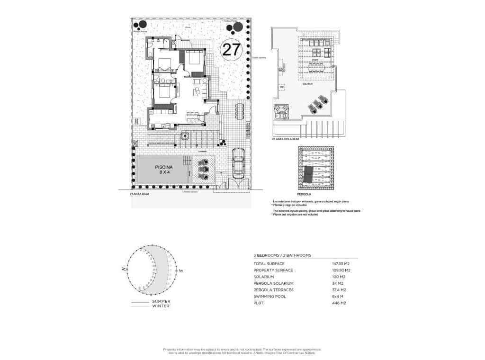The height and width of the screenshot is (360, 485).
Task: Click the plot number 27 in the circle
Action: pyautogui.click(x=232, y=49)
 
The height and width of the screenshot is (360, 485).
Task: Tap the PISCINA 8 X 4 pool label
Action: pyautogui.click(x=164, y=170)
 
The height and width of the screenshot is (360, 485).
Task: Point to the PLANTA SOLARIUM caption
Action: pyautogui.click(x=286, y=139)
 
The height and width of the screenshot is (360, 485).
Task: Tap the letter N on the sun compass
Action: pyautogui.click(x=123, y=269)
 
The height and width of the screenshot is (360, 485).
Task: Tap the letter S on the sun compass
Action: pyautogui.click(x=181, y=270)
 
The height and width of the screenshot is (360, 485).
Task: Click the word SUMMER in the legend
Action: pyautogui.click(x=161, y=301)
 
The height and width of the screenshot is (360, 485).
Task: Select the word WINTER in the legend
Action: pyautogui.click(x=161, y=306)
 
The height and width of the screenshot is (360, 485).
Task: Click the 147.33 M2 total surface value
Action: pyautogui.click(x=341, y=263)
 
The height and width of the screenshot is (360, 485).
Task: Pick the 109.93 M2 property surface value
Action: pyautogui.click(x=341, y=270)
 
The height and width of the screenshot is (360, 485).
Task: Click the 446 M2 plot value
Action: pyautogui.click(x=339, y=303)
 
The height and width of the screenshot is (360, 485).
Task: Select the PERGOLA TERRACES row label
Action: pyautogui.click(x=274, y=290)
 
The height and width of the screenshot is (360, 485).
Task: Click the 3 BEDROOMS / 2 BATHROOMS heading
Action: pyautogui.click(x=283, y=255)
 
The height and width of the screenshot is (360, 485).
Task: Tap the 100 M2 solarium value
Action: pyautogui.click(x=339, y=277)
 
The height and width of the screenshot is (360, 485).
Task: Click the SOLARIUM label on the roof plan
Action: pyautogui.click(x=308, y=84)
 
